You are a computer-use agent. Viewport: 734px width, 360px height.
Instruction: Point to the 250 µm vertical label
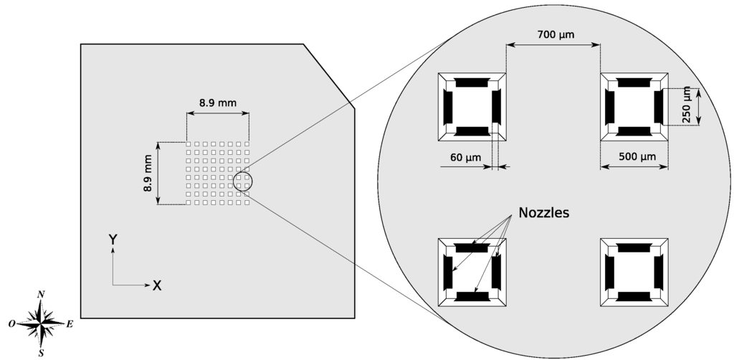point(687,105)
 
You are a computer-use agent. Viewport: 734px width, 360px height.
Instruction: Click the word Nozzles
point(543,213)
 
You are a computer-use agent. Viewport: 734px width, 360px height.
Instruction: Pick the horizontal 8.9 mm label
point(217,103)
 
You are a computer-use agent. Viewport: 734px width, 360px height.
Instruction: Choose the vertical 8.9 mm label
point(147,174)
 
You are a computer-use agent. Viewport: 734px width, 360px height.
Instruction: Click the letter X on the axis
point(157,285)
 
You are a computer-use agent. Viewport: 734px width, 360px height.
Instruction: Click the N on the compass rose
point(42,294)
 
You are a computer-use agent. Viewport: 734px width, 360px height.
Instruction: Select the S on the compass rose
point(42,353)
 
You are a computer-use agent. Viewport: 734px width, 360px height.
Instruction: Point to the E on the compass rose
point(70,324)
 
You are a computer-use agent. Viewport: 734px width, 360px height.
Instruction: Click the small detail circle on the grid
point(243,181)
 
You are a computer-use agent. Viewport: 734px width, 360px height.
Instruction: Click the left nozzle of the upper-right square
point(610,107)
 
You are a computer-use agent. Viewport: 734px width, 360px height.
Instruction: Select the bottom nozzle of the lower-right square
point(634,296)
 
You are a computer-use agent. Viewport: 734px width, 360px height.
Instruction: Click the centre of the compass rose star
point(42,324)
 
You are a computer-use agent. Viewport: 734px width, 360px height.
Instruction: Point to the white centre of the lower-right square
point(634,272)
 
